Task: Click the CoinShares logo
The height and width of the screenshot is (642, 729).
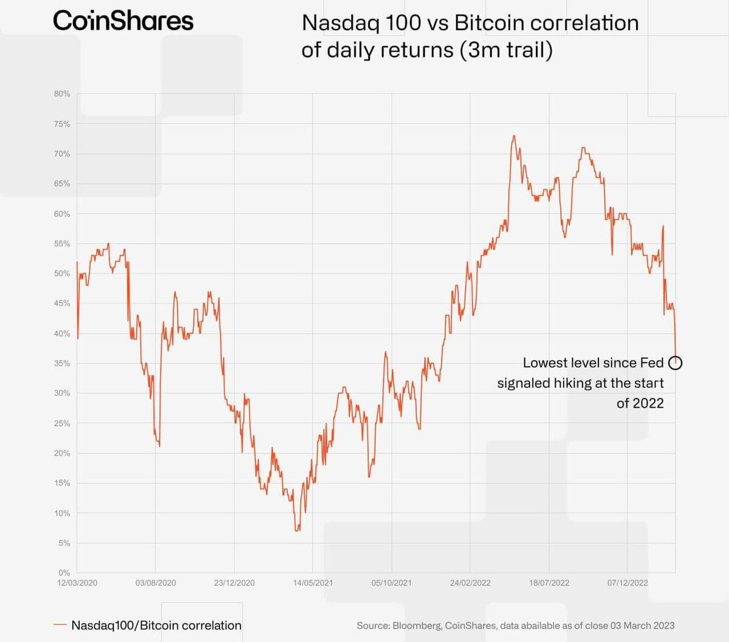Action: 123,21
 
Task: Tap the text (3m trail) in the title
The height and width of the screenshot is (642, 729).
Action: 506,50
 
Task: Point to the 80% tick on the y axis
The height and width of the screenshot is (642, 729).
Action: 62,94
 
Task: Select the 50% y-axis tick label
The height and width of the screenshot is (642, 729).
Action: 62,274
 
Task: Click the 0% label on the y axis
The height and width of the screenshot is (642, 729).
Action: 64,573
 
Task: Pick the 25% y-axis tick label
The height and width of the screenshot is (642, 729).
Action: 62,423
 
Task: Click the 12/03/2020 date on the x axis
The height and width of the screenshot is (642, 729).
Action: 77,583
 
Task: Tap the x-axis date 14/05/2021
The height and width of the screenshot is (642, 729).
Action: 313,583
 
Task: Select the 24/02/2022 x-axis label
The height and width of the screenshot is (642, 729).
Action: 470,583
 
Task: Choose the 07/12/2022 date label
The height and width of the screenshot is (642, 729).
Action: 628,583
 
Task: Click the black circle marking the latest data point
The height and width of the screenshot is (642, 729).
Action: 675,363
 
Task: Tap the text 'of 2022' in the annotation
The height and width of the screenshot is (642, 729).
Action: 640,403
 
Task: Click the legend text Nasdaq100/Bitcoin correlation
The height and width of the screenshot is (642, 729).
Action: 156,626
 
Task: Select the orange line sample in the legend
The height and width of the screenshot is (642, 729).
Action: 60,625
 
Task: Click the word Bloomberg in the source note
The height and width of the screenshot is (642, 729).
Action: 417,626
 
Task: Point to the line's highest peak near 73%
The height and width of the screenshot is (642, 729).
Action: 514,136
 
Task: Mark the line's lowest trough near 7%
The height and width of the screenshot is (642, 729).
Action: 297,530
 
